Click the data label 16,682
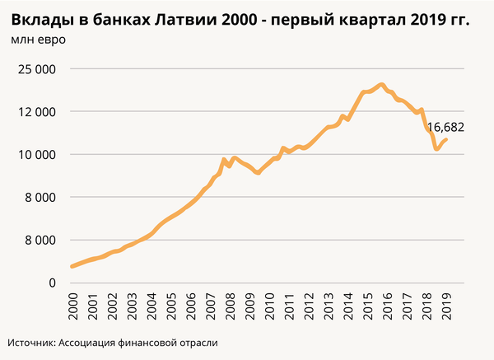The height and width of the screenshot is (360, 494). click(x=447, y=128)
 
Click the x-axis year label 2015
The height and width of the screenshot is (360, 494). click(x=366, y=305)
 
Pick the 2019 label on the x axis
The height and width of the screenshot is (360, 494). click(x=445, y=305)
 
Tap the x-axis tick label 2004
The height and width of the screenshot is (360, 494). click(x=151, y=305)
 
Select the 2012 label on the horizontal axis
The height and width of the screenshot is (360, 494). click(x=308, y=305)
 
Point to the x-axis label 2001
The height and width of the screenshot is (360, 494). click(x=92, y=305)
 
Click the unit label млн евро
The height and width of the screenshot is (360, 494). click(x=39, y=39)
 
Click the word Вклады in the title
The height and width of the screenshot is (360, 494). click(x=41, y=18)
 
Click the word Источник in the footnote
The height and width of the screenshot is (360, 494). click(x=31, y=342)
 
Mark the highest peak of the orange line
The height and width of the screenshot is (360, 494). click(x=381, y=84)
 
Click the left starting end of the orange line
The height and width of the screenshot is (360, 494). click(x=72, y=266)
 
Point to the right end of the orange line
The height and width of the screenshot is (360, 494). click(x=446, y=139)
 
